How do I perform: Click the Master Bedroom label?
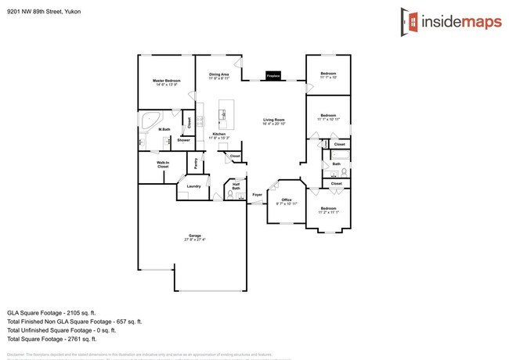[166, 81]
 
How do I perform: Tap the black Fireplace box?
[273, 76]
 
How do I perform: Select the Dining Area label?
[219, 75]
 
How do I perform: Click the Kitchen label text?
[219, 134]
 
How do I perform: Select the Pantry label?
[195, 163]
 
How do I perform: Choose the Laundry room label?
[193, 186]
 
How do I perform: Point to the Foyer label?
[256, 193]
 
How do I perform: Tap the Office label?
[287, 200]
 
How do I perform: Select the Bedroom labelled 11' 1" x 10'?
[327, 75]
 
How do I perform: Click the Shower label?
[182, 140]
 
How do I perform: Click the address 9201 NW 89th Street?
[43, 12]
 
